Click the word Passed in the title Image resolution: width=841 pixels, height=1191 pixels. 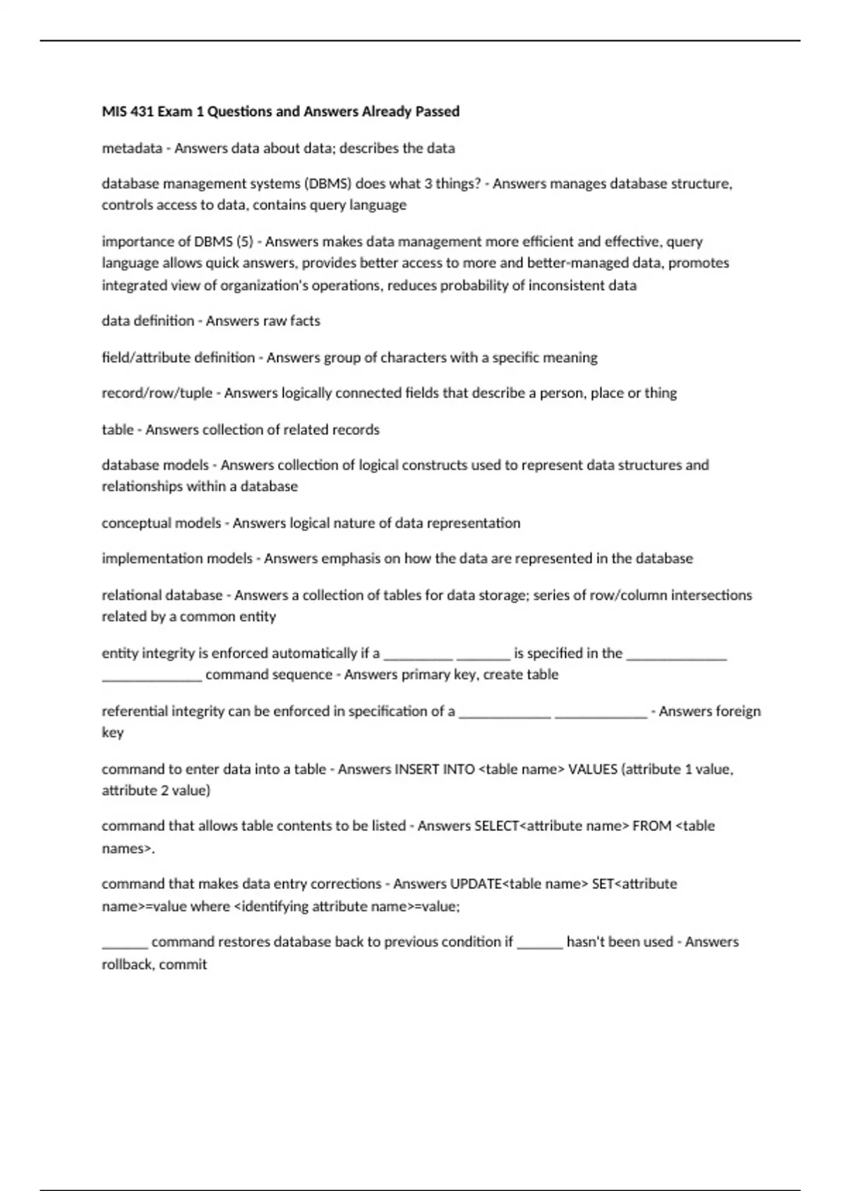tap(437, 111)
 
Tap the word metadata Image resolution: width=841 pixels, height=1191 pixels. tap(132, 149)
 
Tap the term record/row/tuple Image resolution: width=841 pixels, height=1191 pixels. tap(157, 393)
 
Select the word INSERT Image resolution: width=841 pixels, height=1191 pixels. tap(417, 769)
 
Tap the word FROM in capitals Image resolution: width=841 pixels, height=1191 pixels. tap(652, 826)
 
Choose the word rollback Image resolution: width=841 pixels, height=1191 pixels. tap(128, 965)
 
